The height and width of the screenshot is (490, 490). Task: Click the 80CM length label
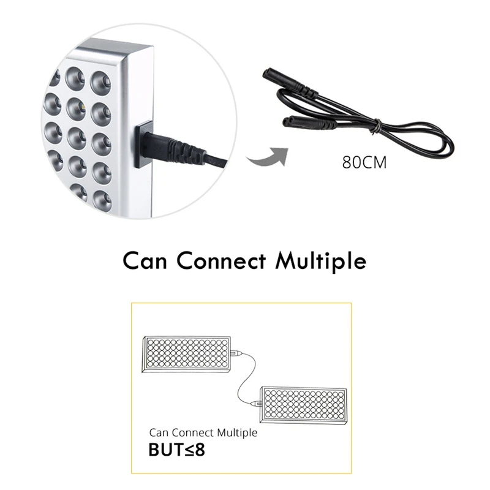pos(364,164)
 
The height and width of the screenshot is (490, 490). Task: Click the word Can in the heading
pos(148,260)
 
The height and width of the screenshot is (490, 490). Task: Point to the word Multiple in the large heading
pos(321,260)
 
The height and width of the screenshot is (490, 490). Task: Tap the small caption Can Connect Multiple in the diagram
pos(203,432)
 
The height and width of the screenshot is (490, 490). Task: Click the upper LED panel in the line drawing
pos(187,356)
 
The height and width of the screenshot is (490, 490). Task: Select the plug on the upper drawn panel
pos(237,354)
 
